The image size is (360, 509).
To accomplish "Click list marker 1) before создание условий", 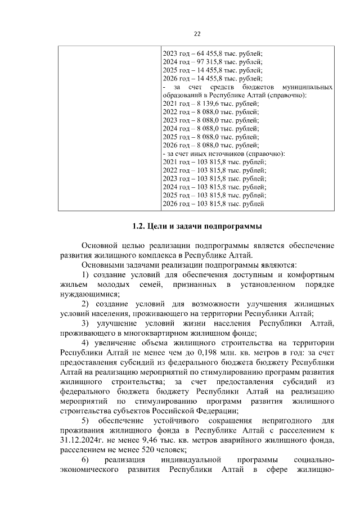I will click(86, 274).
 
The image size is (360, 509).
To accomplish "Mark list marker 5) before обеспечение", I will click(86, 420).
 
